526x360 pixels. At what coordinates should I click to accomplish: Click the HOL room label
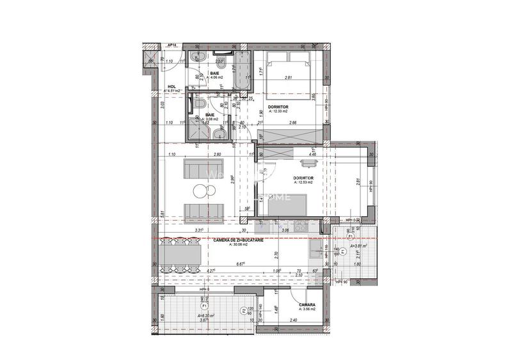pos(171,86)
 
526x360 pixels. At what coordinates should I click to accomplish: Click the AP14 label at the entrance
pos(171,45)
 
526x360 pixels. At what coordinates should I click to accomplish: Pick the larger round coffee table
pos(199,190)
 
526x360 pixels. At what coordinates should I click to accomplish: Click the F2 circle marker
pos(243,311)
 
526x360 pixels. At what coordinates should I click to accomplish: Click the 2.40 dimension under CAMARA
pos(293,320)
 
